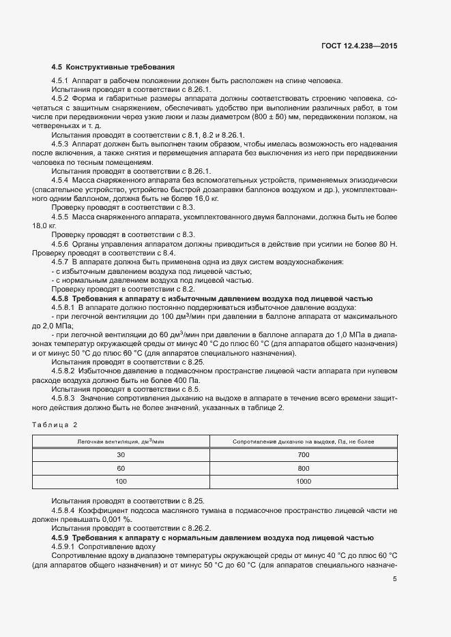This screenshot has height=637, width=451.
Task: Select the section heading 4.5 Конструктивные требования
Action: [113, 67]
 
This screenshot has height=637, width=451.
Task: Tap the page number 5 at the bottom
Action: [395, 580]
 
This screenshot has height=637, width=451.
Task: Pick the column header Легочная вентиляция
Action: [122, 442]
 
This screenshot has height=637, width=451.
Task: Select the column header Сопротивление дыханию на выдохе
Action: [304, 442]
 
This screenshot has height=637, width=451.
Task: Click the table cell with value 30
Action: [121, 455]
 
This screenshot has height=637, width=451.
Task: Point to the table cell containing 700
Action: [304, 455]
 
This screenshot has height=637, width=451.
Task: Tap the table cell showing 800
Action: [304, 469]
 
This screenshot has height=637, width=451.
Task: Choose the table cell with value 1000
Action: [304, 482]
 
